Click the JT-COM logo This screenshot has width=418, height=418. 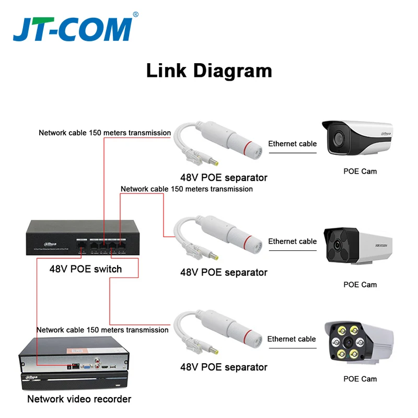point(72,30)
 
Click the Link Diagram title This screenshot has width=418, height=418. point(209,70)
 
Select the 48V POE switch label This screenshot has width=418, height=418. point(86,269)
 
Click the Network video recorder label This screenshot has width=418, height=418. point(79,399)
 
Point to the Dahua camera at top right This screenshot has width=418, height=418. point(356,138)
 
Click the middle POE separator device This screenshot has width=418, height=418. point(217,235)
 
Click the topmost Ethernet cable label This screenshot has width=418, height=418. point(293,144)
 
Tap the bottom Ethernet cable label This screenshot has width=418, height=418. point(292,339)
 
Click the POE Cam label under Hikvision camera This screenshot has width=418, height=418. point(360,285)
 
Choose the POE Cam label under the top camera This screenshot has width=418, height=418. point(360,171)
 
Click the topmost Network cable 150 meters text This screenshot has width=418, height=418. point(104,133)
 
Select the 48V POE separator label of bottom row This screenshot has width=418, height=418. point(224,367)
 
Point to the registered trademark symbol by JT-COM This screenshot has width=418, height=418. point(136,15)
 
